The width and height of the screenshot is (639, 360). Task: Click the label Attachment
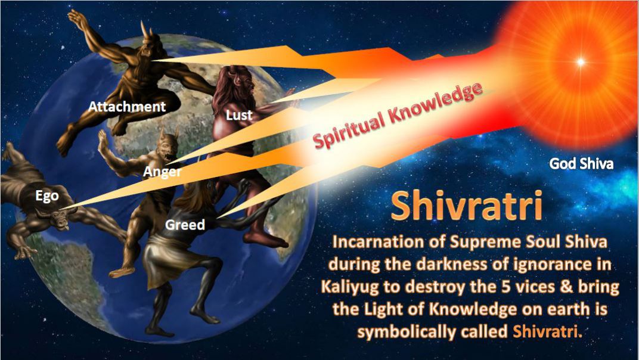127,107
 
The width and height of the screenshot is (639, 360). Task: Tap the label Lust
239,116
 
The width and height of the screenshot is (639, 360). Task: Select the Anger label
162,172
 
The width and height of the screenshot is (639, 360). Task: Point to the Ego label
47,196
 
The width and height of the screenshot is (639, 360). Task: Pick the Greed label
185,225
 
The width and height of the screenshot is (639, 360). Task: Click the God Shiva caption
581,164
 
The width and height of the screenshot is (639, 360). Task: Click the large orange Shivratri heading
467,206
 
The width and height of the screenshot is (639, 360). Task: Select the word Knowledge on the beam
435,103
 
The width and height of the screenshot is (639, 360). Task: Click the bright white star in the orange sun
581,62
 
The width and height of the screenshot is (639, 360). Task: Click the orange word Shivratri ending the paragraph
545,331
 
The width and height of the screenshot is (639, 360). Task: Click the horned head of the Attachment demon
147,45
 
